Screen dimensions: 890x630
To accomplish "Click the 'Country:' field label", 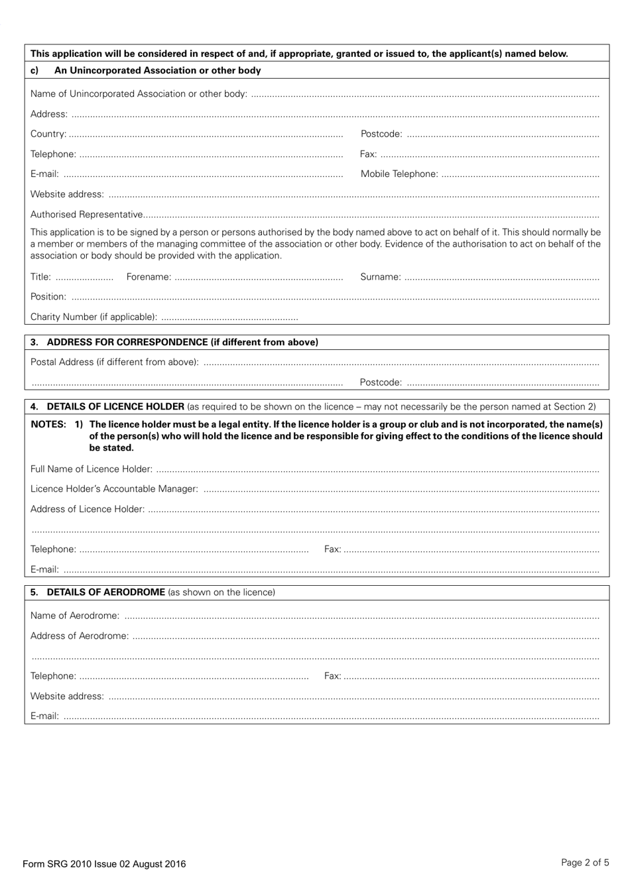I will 48,134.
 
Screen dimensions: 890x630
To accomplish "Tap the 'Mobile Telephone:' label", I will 399,174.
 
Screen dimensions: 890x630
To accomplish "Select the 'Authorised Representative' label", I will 86,215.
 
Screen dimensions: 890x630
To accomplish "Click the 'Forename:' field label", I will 149,277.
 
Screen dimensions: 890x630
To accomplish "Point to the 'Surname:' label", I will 381,277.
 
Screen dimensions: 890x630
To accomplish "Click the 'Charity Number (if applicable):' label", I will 94,317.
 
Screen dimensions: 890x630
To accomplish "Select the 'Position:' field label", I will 48,297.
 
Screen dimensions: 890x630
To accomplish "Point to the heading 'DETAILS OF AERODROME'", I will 106,592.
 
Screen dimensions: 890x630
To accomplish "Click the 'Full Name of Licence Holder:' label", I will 92,469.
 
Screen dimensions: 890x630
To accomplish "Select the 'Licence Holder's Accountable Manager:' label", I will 114,489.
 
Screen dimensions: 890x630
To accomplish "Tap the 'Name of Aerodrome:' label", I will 75,616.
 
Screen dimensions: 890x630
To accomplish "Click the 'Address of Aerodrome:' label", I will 80,636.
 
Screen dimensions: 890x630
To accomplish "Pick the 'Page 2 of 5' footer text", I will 585,863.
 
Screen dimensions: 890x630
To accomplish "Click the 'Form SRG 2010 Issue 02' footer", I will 104,864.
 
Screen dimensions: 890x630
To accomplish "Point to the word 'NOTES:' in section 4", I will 48,425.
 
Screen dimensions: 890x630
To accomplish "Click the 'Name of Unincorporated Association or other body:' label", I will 139,94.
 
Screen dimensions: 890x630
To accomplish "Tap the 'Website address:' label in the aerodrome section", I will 67,696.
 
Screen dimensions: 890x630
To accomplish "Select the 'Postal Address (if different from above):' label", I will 114,362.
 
